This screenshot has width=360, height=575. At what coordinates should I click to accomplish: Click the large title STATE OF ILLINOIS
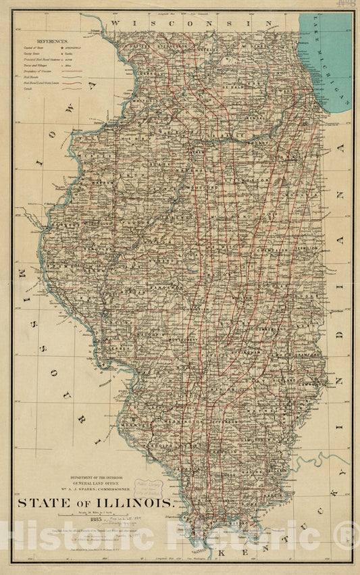tap(95, 503)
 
